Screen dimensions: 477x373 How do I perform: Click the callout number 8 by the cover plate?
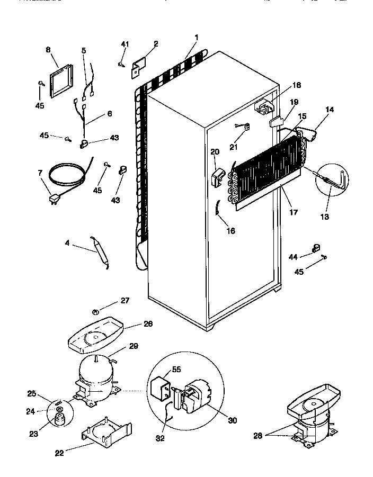[x=48, y=50]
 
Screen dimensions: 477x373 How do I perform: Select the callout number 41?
[x=125, y=43]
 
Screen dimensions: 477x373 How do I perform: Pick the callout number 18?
[x=297, y=85]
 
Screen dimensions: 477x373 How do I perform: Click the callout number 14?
[x=330, y=110]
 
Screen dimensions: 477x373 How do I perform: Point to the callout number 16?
[x=229, y=231]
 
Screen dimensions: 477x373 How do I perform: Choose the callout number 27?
[x=125, y=301]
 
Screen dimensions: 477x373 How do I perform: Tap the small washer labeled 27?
[x=95, y=311]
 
